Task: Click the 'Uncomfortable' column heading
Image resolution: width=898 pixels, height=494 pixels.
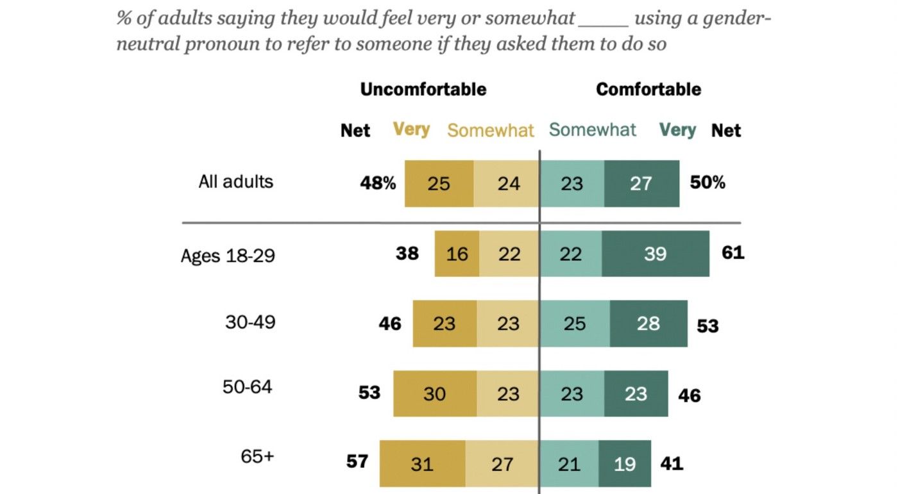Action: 423,89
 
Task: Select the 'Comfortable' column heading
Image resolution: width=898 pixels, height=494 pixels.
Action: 648,89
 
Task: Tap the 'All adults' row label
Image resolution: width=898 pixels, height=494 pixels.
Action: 235,181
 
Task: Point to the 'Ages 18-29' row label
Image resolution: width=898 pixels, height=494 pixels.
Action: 228,256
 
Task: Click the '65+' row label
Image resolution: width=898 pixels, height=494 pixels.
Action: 257,457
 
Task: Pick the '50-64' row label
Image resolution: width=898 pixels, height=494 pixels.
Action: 248,387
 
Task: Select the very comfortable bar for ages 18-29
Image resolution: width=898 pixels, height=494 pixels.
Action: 655,254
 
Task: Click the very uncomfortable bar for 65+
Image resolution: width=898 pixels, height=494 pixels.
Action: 422,463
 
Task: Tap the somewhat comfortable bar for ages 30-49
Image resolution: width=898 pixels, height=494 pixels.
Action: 575,324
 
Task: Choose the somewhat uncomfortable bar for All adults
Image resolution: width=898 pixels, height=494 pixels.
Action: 506,184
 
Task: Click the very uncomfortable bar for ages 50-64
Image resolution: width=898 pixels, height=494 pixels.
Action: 434,393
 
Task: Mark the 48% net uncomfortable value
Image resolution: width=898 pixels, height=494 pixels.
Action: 378,183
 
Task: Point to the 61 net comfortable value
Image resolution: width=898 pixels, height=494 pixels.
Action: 733,252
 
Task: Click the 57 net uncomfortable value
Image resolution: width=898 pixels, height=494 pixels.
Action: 357,461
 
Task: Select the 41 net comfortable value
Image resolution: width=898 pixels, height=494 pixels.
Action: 671,463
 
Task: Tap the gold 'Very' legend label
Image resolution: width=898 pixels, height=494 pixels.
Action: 411,129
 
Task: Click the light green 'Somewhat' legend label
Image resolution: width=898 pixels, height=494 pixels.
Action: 592,130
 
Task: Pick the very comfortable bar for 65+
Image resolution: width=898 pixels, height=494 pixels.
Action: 625,463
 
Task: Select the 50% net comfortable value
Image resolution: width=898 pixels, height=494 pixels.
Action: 707,183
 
